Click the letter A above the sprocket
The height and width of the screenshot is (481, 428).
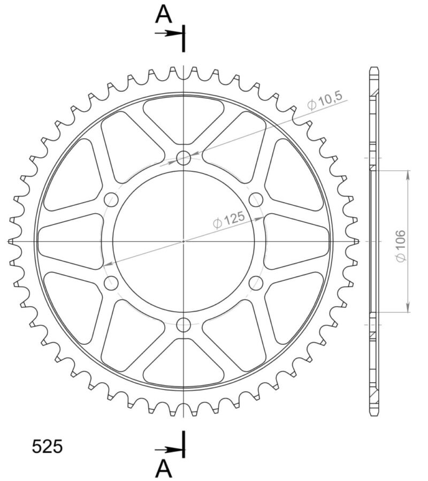click(x=164, y=14)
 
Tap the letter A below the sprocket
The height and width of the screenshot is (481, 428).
click(x=164, y=469)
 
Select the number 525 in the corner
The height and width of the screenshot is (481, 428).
click(x=48, y=446)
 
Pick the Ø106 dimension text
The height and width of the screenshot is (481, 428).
click(x=401, y=245)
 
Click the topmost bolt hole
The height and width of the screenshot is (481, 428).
click(x=184, y=158)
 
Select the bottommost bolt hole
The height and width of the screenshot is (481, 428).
click(x=184, y=324)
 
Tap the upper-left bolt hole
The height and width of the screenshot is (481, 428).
click(x=111, y=200)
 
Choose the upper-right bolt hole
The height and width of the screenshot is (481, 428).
click(x=256, y=200)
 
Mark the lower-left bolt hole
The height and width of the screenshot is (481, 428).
click(x=111, y=283)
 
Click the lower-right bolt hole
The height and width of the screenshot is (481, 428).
click(x=256, y=283)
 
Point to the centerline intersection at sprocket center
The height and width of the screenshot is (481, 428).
click(x=184, y=241)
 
